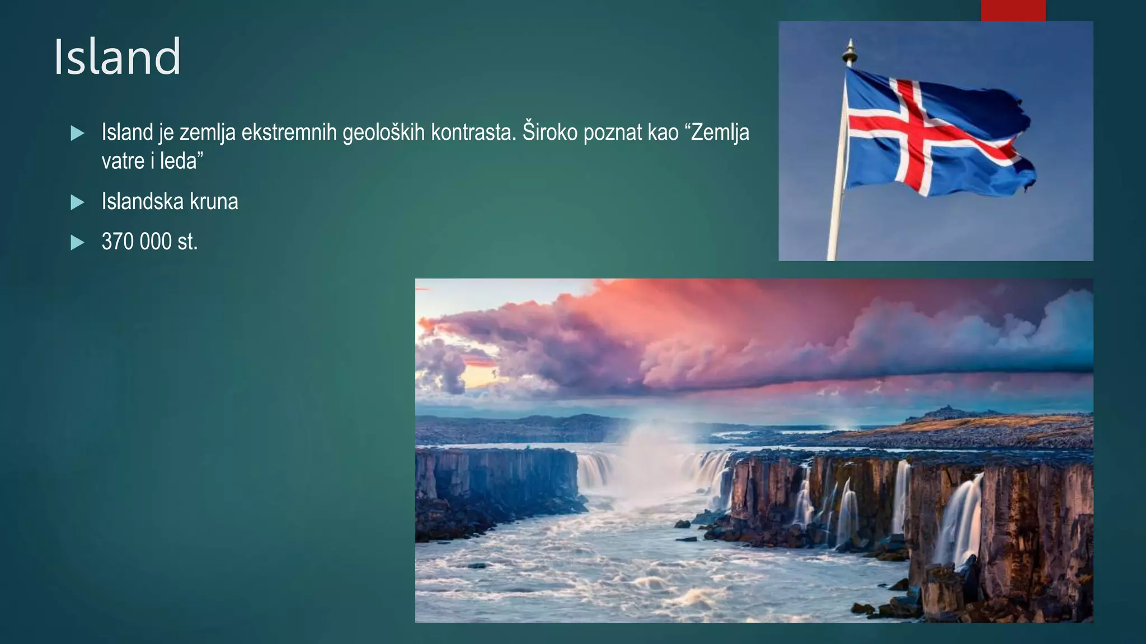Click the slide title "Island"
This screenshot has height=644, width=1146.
pos(117,56)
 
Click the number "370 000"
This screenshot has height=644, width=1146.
pos(137,241)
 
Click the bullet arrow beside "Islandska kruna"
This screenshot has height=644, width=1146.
pos(77,202)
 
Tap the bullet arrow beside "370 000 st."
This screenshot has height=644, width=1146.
pos(77,242)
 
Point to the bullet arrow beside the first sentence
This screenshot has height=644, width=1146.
pos(77,133)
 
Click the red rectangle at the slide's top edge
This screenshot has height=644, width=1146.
pos(1013,10)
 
